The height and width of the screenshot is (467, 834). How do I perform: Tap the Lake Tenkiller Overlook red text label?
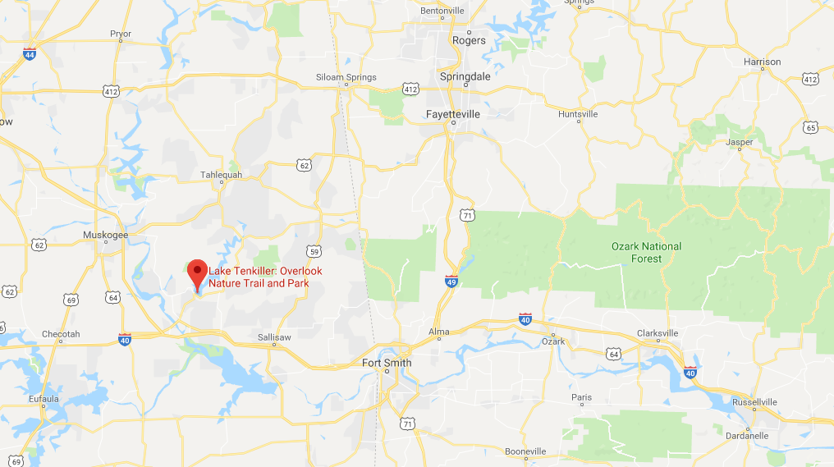click(x=265, y=277)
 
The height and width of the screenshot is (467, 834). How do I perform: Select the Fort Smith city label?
click(x=387, y=363)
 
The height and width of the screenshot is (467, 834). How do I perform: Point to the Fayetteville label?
click(x=453, y=115)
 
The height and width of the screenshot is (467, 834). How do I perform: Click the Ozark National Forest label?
click(x=646, y=252)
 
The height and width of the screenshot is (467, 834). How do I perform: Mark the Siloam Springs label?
click(x=346, y=78)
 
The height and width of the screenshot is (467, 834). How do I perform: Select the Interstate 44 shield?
click(x=30, y=55)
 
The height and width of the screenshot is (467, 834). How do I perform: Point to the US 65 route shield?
click(x=811, y=128)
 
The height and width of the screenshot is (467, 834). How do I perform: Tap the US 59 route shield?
click(x=314, y=251)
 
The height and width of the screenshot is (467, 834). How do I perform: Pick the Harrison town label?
click(x=762, y=62)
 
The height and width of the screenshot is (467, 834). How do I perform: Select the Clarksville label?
click(x=658, y=333)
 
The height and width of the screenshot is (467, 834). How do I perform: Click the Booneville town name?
click(x=526, y=451)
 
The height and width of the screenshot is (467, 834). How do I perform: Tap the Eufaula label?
click(x=39, y=399)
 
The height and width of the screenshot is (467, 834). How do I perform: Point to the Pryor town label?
click(x=121, y=34)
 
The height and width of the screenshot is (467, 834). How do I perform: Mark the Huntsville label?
click(x=578, y=115)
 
